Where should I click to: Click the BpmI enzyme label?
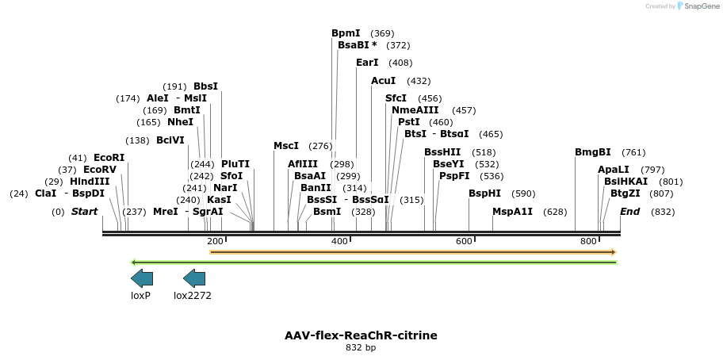click(346, 33)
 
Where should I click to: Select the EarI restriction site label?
click(367, 63)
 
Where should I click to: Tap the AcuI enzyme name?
click(383, 81)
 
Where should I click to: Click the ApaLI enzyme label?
click(614, 170)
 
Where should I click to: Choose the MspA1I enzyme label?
click(513, 212)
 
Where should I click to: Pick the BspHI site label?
click(485, 193)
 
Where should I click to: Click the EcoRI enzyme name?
click(109, 158)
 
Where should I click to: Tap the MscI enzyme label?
click(286, 146)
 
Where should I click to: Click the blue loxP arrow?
click(142, 278)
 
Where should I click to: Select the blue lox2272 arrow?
click(194, 278)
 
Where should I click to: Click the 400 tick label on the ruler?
click(339, 241)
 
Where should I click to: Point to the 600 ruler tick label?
click(464, 241)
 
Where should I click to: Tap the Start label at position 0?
click(84, 212)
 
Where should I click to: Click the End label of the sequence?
click(629, 212)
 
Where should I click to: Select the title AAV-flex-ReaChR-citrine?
click(361, 335)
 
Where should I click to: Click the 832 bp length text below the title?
click(361, 347)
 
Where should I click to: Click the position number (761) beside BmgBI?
click(633, 152)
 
